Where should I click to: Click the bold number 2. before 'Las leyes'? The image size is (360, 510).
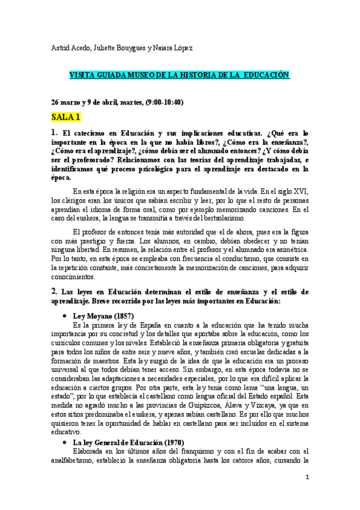tap(54, 291)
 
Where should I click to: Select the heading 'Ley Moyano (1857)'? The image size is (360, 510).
tap(103, 316)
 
